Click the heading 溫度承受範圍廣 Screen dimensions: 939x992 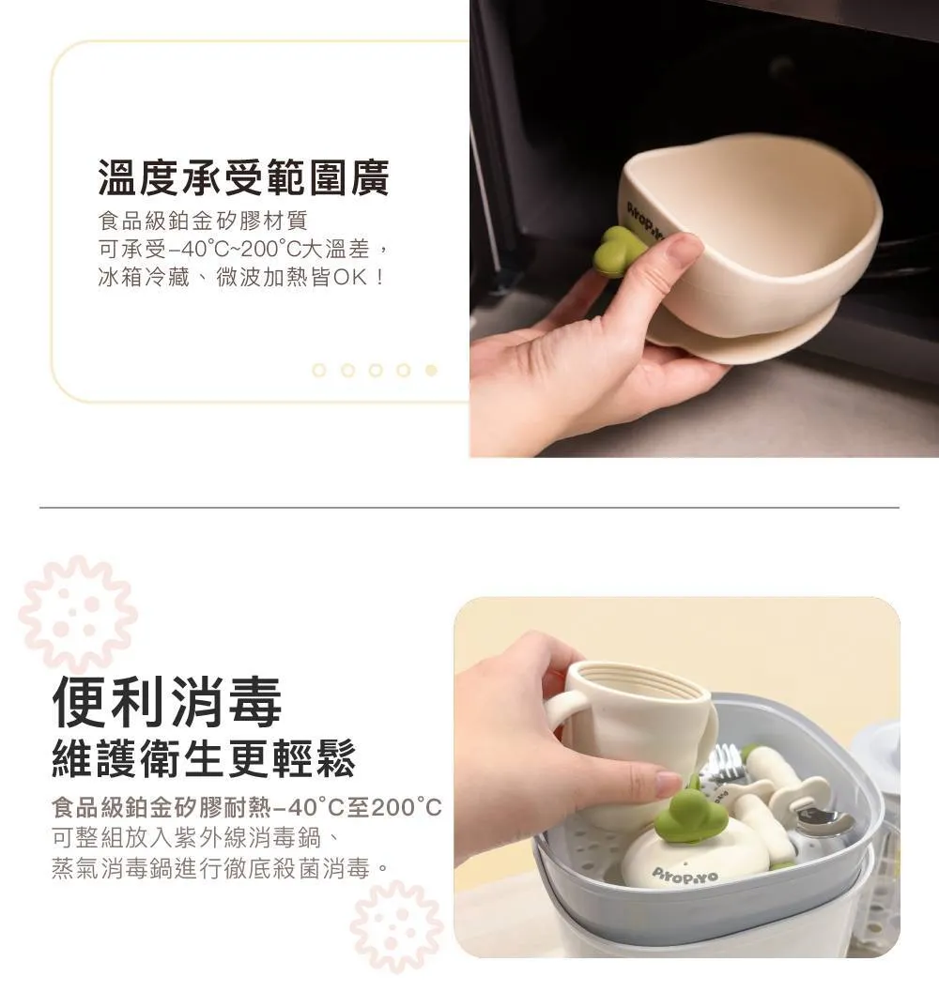(244, 177)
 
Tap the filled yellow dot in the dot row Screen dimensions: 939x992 (431, 370)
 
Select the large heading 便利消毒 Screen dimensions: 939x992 (167, 702)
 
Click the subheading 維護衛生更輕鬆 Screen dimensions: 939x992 (203, 758)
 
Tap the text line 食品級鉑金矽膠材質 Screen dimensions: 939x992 (203, 221)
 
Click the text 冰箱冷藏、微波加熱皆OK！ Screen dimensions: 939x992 (241, 277)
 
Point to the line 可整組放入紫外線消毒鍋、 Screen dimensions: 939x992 (197, 838)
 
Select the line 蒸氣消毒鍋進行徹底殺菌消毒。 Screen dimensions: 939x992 (221, 869)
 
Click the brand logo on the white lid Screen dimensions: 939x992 (685, 877)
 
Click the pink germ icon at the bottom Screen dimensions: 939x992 (397, 925)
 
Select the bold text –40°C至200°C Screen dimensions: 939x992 (357, 808)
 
